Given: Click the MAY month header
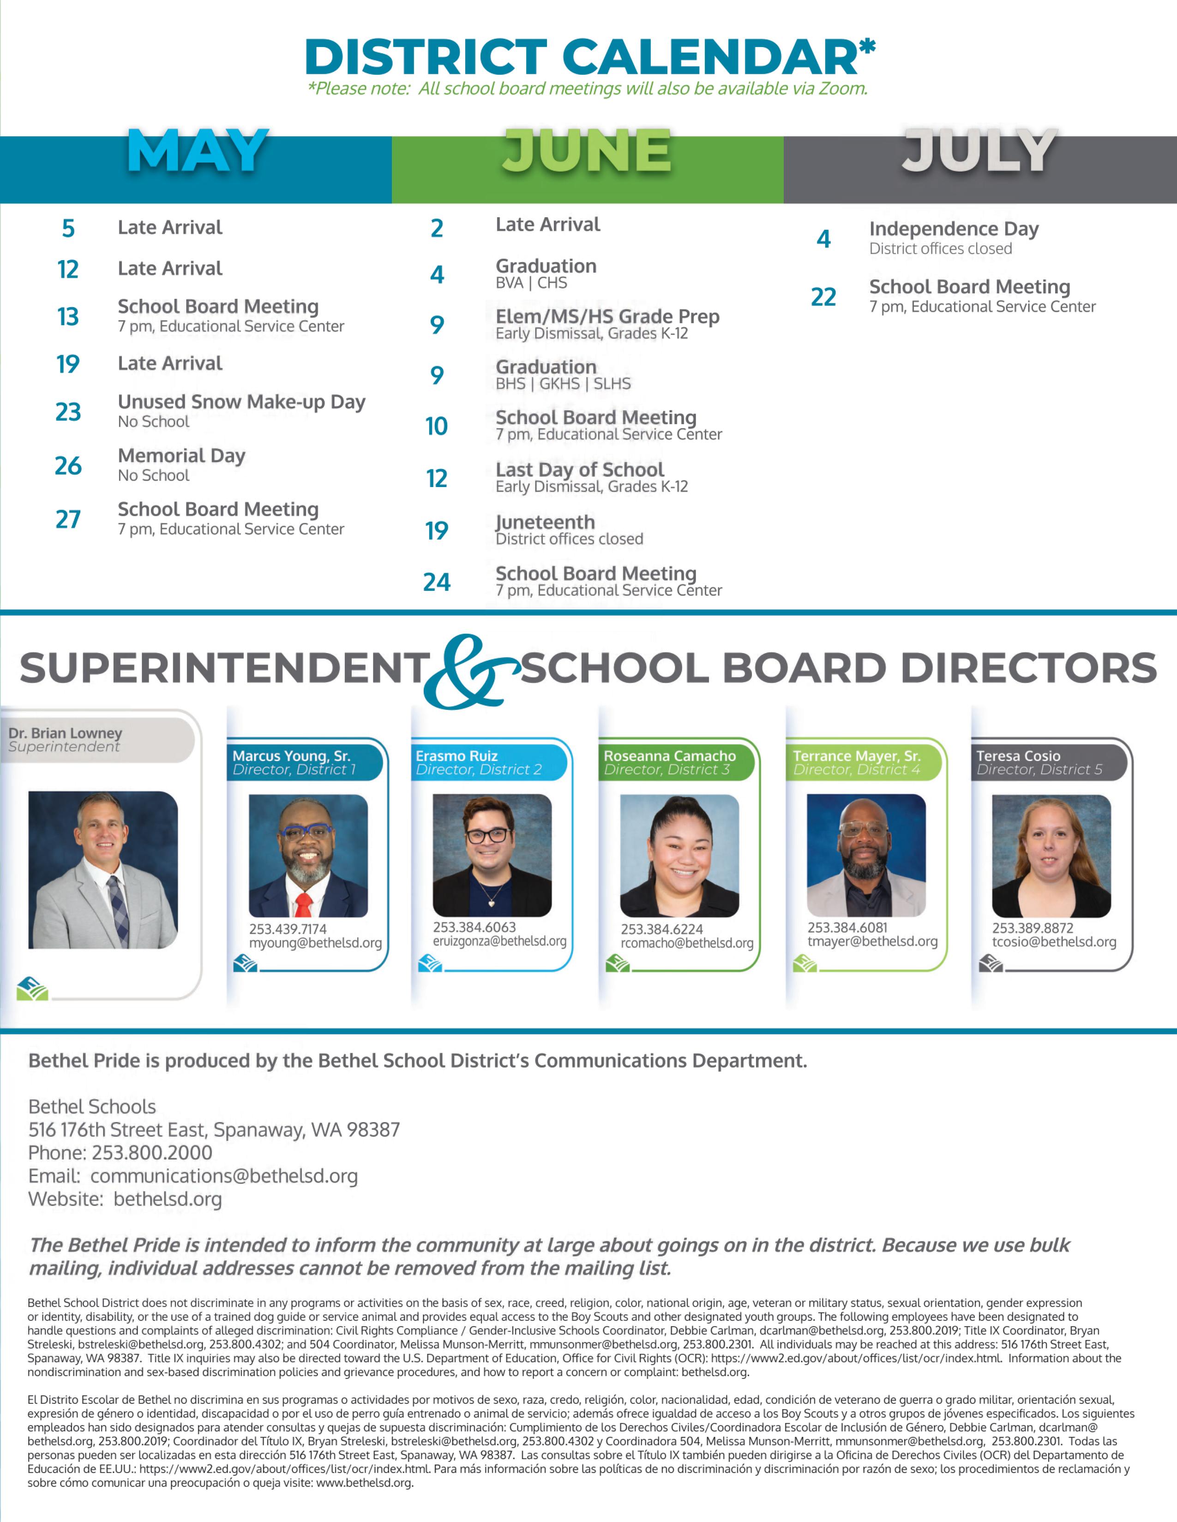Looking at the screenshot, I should click(198, 151).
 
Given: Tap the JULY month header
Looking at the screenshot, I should click(979, 151).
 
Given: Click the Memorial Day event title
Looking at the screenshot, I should click(181, 456).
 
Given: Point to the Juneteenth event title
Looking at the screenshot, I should click(545, 522).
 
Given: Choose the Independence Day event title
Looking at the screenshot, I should click(953, 229).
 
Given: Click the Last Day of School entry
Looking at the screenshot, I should click(579, 470).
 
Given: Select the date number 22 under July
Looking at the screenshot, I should click(823, 297).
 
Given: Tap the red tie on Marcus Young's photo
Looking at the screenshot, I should click(303, 904).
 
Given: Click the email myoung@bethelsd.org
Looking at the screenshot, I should click(315, 943).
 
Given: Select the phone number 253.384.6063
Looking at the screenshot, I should click(474, 927).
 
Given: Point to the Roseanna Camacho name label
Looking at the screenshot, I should click(669, 755).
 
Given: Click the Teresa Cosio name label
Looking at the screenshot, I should click(1018, 755).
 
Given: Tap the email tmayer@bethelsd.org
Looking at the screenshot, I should click(872, 941).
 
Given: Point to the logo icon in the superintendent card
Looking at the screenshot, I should click(32, 989).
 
